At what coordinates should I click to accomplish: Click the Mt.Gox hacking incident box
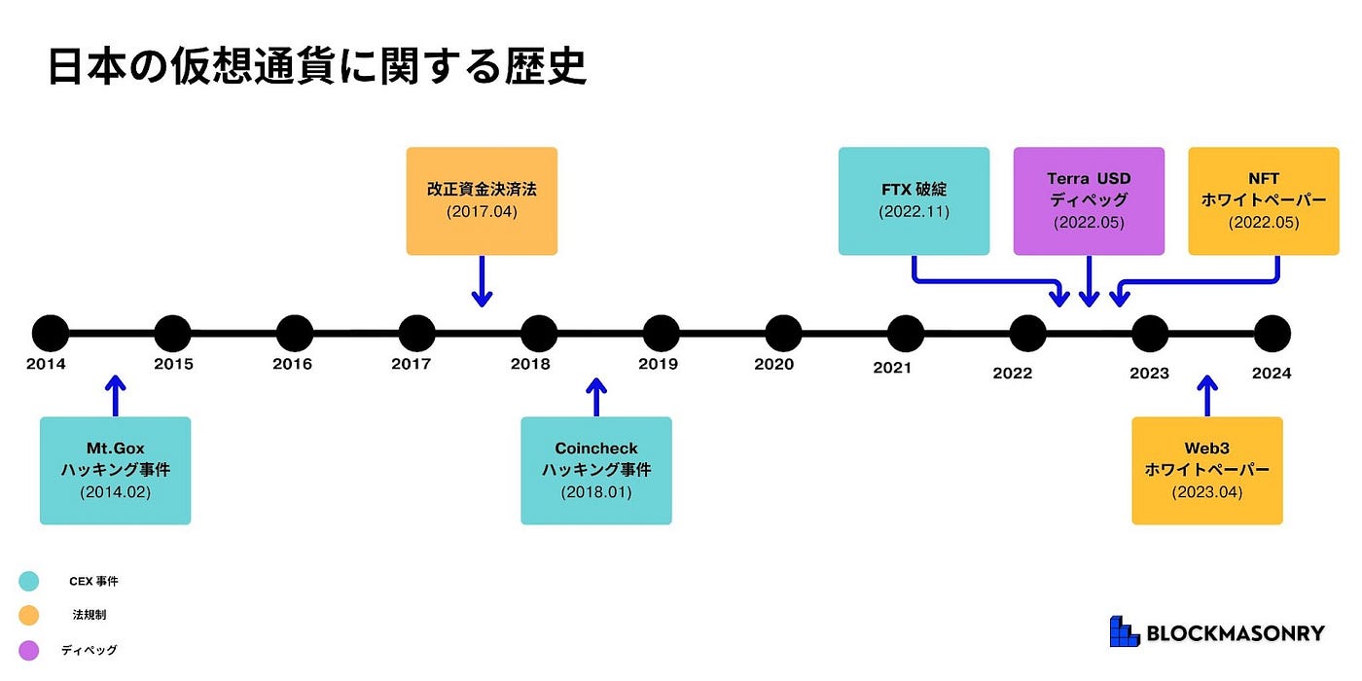[115, 471]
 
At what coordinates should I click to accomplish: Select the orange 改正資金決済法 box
[482, 201]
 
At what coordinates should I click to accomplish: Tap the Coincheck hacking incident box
[596, 471]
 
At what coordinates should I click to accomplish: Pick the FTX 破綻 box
[914, 201]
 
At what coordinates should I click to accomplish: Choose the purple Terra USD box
[1089, 201]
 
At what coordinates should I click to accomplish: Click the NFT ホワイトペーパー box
[1264, 201]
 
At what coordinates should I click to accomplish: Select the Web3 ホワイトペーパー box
[1207, 471]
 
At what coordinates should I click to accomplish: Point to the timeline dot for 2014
[51, 333]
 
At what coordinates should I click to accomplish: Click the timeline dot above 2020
[783, 333]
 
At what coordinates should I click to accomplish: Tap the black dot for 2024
[1272, 333]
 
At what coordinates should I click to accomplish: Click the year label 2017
[412, 365]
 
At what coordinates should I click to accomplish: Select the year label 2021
[892, 368]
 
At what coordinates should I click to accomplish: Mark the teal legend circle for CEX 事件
[29, 582]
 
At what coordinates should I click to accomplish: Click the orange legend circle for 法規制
[29, 615]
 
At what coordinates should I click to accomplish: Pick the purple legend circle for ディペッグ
[29, 649]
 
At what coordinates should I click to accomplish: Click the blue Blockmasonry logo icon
[1124, 632]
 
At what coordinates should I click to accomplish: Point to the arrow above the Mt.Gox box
[115, 396]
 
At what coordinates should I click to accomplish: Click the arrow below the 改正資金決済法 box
[482, 282]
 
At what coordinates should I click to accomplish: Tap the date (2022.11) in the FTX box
[914, 211]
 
